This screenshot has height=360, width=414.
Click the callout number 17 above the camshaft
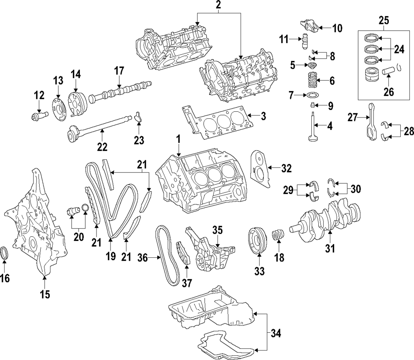pos(119,71)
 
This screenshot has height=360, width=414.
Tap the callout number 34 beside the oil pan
pos(276,332)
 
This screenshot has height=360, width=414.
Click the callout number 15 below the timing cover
pos(45,294)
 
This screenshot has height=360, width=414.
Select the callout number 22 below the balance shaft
pos(102,146)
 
